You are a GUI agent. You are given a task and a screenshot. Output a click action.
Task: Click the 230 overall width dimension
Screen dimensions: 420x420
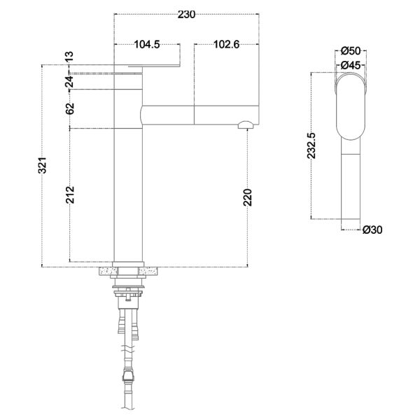click(186, 15)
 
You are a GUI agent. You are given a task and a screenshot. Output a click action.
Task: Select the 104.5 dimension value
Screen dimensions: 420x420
click(147, 45)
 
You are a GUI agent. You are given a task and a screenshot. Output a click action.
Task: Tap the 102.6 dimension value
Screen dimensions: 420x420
click(226, 45)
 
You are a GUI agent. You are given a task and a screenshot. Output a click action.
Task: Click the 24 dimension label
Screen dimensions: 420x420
click(69, 82)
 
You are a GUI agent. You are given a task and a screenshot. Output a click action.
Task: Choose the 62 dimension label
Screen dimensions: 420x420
click(70, 108)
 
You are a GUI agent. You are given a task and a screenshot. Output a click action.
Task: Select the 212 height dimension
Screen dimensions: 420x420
click(70, 195)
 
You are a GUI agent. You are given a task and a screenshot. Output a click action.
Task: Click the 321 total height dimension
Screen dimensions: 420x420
click(42, 165)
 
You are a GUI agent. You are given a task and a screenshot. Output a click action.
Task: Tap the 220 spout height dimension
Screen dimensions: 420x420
click(248, 197)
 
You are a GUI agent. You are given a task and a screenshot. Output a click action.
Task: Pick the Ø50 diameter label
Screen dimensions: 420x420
click(351, 51)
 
